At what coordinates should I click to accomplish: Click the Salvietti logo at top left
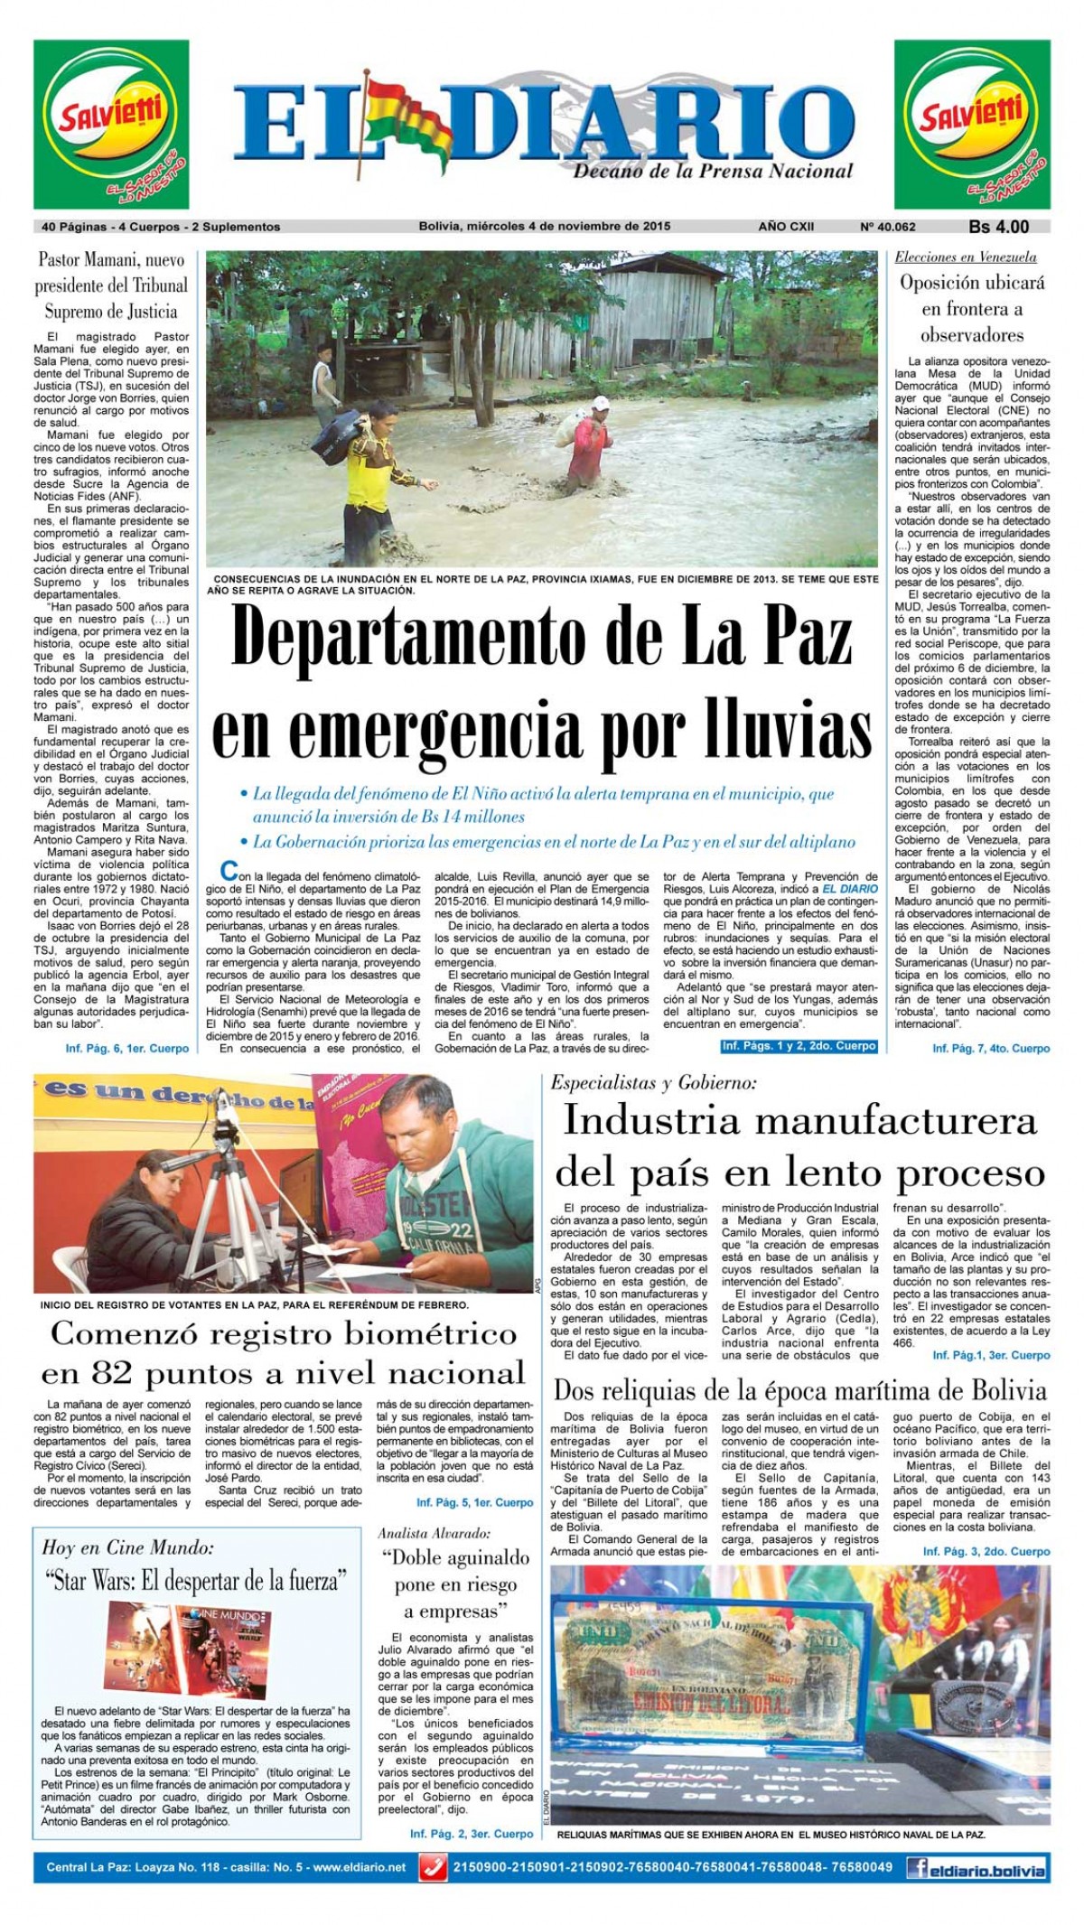tap(111, 125)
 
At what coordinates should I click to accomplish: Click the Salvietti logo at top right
tap(972, 125)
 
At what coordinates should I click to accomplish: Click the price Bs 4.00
tap(998, 227)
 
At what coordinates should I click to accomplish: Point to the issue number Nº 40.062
tap(888, 227)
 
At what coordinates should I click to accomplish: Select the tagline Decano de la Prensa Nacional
tap(713, 170)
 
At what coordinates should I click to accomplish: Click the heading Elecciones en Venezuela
tap(966, 257)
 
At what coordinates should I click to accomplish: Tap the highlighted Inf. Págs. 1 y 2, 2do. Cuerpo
tap(799, 1045)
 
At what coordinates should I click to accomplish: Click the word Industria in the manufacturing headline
tap(651, 1121)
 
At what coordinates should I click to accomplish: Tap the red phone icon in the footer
tap(434, 1866)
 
